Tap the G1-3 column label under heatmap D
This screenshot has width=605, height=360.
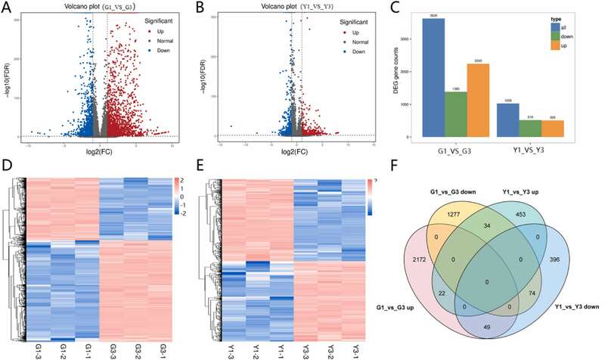29,347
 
